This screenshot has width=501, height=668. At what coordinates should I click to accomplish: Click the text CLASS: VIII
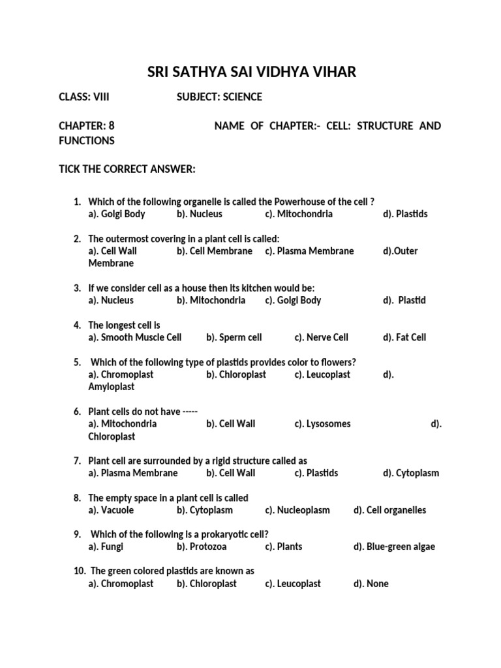tap(84, 97)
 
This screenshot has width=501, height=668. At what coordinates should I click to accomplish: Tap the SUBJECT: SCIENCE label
tap(219, 97)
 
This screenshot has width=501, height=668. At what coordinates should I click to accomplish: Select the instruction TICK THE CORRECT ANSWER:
tap(127, 170)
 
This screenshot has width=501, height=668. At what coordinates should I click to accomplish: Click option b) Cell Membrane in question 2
tap(214, 251)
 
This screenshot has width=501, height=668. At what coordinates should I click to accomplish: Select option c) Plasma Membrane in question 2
tap(309, 251)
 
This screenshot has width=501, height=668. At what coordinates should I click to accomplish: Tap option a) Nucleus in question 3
tap(111, 301)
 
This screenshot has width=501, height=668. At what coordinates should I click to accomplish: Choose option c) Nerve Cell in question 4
tap(322, 337)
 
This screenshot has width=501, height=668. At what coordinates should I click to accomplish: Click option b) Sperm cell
tap(234, 337)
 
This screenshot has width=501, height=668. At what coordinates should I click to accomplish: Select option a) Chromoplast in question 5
tap(121, 375)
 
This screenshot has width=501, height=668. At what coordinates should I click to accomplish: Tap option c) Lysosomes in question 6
tap(322, 424)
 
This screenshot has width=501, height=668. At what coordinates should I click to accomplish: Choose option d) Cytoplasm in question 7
tap(411, 473)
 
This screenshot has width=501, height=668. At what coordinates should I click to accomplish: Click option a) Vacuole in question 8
tap(111, 510)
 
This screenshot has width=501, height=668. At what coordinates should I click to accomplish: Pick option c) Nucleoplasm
tap(297, 510)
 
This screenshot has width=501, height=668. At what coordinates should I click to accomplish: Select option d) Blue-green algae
tap(394, 547)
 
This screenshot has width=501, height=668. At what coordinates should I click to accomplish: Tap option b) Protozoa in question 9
tap(201, 547)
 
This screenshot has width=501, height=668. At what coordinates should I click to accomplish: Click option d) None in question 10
tap(371, 584)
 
